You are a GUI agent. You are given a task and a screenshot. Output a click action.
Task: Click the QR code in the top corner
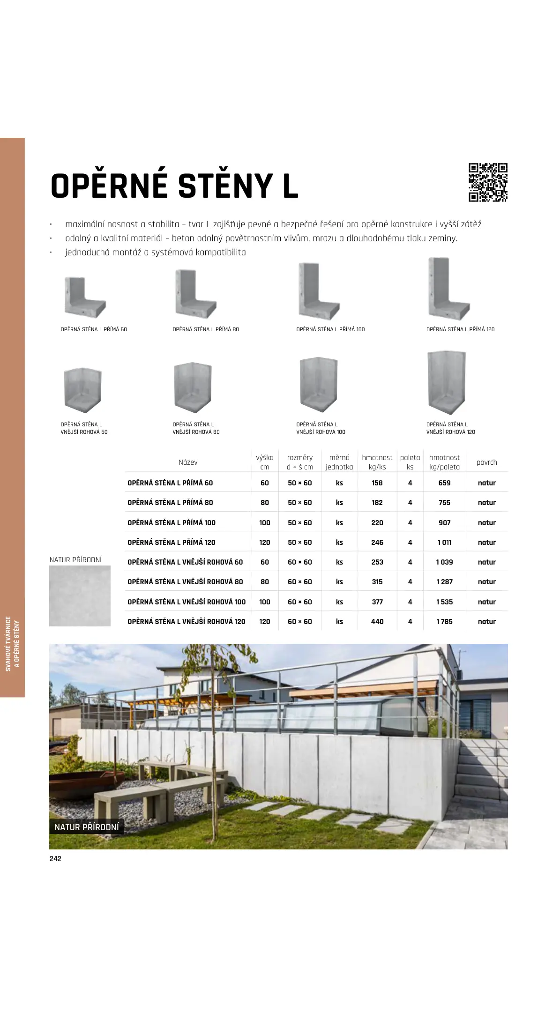click(488, 182)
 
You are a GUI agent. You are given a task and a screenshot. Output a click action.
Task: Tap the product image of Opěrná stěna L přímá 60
click(84, 298)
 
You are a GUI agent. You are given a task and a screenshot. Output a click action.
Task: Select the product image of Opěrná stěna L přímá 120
click(448, 289)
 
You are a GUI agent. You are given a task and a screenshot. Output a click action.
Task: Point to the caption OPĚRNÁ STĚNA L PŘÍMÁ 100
click(330, 329)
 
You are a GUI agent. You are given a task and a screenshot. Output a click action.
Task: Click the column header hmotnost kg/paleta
click(444, 462)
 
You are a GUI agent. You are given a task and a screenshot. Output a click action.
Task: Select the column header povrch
click(486, 462)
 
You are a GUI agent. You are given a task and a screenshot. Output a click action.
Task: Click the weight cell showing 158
click(377, 483)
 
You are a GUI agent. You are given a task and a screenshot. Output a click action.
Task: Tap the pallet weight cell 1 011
click(444, 543)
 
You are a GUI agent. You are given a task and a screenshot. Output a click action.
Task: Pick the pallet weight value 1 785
click(444, 622)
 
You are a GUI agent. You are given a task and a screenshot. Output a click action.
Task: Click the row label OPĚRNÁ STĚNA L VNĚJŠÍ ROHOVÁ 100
click(187, 602)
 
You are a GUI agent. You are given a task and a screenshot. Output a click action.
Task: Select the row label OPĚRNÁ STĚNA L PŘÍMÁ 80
click(170, 503)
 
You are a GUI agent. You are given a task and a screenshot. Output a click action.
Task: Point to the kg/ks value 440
click(377, 622)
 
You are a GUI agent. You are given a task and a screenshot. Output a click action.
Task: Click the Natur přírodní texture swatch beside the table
click(80, 596)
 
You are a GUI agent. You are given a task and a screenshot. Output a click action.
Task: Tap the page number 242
click(55, 859)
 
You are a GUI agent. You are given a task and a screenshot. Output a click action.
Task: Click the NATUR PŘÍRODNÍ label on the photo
click(87, 827)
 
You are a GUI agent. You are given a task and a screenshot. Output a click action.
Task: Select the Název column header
click(188, 462)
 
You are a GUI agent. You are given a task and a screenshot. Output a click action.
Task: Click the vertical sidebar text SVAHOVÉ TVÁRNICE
click(8, 644)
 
